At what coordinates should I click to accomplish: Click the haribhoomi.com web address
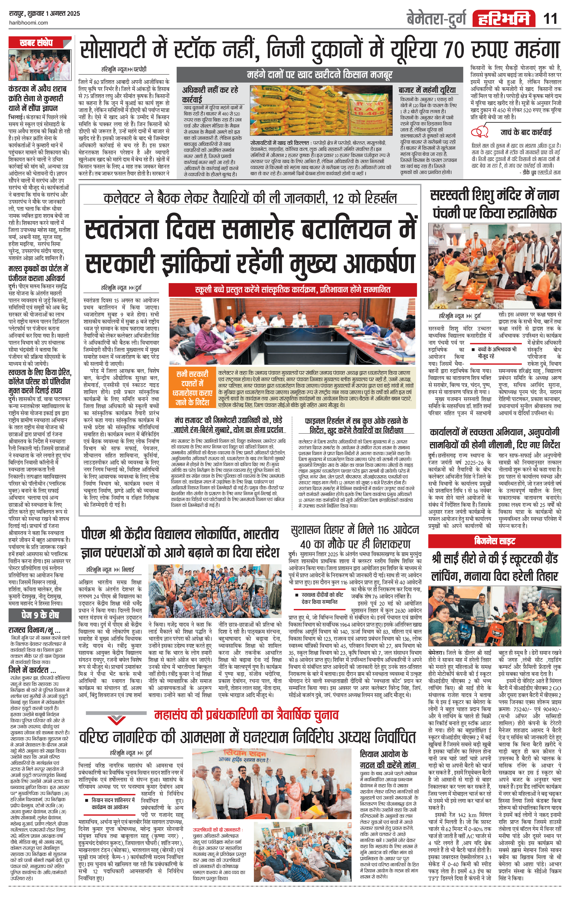28,23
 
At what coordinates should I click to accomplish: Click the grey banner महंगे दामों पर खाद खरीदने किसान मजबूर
320,75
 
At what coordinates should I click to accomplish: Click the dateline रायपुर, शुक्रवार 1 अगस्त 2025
45,14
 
